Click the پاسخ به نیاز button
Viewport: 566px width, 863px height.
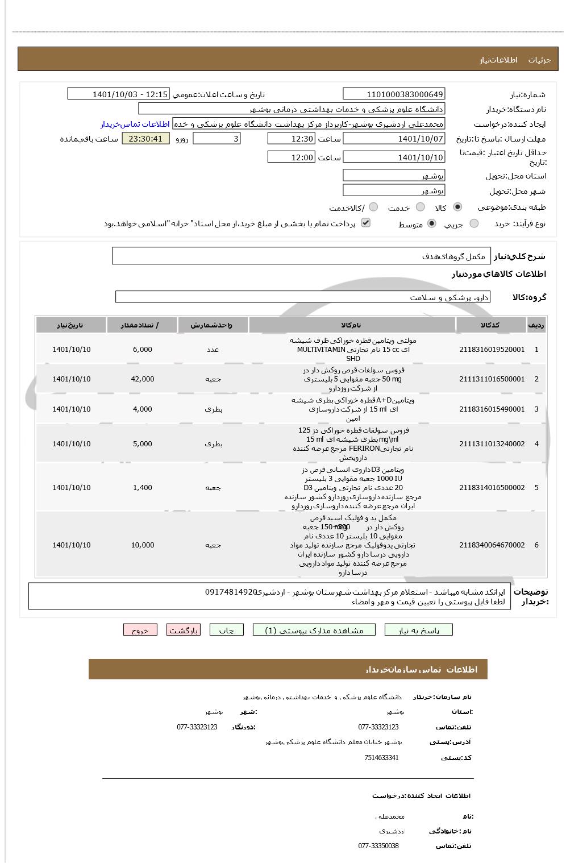click(x=418, y=630)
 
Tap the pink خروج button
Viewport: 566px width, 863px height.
click(x=140, y=630)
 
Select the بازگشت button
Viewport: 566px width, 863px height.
click(x=183, y=630)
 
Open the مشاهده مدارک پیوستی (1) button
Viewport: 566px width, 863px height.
click(x=314, y=630)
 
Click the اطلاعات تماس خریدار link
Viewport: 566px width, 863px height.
click(x=135, y=124)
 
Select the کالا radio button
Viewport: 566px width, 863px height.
click(x=457, y=208)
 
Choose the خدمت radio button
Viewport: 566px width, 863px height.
click(x=420, y=208)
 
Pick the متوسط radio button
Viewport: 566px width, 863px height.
click(x=432, y=224)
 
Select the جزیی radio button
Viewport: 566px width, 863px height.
click(x=474, y=224)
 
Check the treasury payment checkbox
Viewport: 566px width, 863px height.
click(x=366, y=223)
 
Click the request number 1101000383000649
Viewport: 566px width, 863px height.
click(x=394, y=94)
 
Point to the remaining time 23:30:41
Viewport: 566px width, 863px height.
click(x=145, y=139)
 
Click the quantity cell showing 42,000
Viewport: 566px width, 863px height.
click(x=142, y=379)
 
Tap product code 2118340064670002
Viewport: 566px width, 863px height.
click(x=492, y=545)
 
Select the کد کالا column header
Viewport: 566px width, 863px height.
click(x=490, y=325)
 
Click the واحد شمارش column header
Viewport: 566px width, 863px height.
click(x=213, y=325)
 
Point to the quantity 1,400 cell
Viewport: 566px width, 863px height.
click(x=142, y=488)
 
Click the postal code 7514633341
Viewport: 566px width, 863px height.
click(x=381, y=758)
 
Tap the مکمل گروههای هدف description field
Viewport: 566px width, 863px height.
click(x=301, y=256)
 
